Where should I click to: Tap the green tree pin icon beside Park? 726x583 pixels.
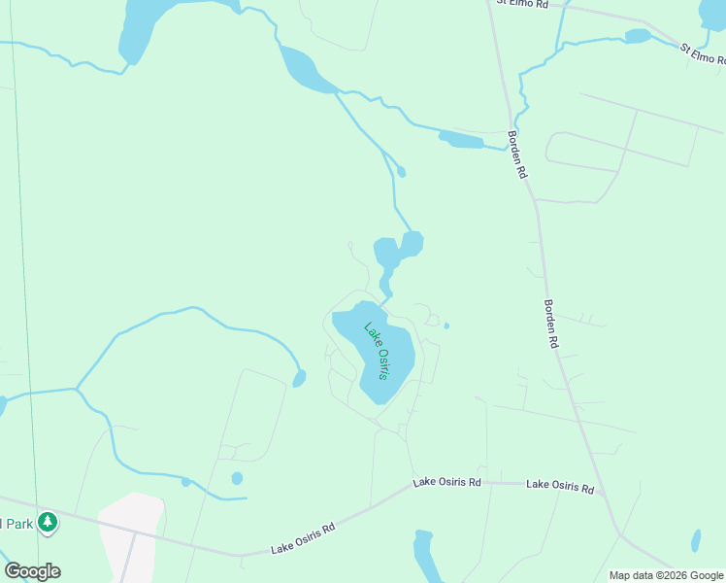[48, 524]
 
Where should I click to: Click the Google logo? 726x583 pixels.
[32, 571]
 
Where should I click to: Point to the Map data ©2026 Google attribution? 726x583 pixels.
[666, 575]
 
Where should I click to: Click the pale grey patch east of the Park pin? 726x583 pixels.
[131, 534]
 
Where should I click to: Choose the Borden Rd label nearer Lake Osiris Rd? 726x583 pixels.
[551, 323]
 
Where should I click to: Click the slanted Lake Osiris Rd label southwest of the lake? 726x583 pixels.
[304, 535]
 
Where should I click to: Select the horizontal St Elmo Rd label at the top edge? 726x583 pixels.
[522, 4]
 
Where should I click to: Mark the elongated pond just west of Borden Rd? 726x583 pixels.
[461, 140]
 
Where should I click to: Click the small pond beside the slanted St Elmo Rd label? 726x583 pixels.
[638, 36]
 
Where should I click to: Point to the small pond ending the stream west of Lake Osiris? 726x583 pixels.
[299, 377]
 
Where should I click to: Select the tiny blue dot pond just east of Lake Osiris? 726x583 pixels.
[446, 326]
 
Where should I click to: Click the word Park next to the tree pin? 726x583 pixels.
[16, 524]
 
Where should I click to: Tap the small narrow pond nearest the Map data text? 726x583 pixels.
[696, 541]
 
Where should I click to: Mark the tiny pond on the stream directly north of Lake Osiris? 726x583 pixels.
[401, 173]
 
